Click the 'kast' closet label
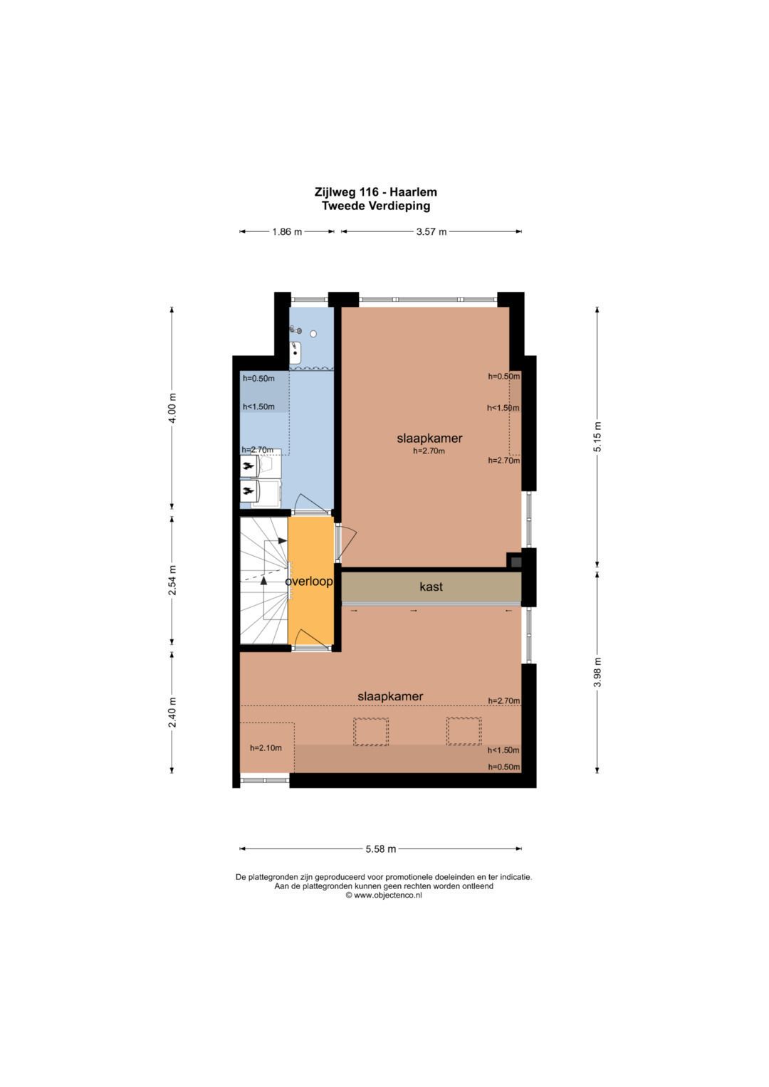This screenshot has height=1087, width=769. pyautogui.click(x=431, y=587)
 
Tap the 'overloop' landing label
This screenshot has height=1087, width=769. pyautogui.click(x=309, y=582)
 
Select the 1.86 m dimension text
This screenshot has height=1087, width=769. pyautogui.click(x=287, y=231)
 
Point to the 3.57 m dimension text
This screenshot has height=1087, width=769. pyautogui.click(x=431, y=231)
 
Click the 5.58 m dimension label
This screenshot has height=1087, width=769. pyautogui.click(x=381, y=849)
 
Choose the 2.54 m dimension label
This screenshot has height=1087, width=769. pyautogui.click(x=172, y=580)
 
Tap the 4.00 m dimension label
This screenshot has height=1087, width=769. pyautogui.click(x=172, y=408)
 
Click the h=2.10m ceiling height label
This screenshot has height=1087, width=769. pyautogui.click(x=266, y=747)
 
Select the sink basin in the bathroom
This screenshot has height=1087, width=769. pyautogui.click(x=295, y=353)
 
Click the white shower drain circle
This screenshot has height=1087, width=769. pyautogui.click(x=313, y=334)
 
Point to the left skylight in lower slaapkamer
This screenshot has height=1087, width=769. pyautogui.click(x=371, y=731)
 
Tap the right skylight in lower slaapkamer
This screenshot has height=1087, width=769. pyautogui.click(x=464, y=731)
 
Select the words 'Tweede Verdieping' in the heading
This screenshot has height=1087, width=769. pyautogui.click(x=376, y=206)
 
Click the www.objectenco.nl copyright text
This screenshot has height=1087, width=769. pyautogui.click(x=384, y=896)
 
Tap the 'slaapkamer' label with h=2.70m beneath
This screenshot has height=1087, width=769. pyautogui.click(x=429, y=439)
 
